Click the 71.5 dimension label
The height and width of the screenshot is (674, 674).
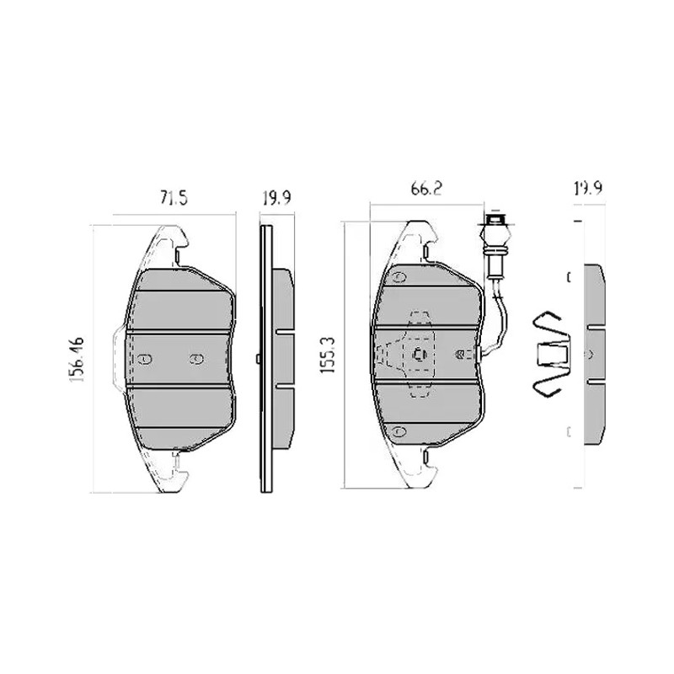pos(174,198)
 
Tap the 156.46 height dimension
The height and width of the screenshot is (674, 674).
pos(77,360)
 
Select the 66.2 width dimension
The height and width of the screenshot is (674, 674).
pos(426,189)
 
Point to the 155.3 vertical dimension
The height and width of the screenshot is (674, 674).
pos(328,355)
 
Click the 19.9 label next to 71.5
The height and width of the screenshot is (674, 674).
pos(277,198)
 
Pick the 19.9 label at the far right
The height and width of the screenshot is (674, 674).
pos(588,188)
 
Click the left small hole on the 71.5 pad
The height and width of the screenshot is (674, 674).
pos(145,359)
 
